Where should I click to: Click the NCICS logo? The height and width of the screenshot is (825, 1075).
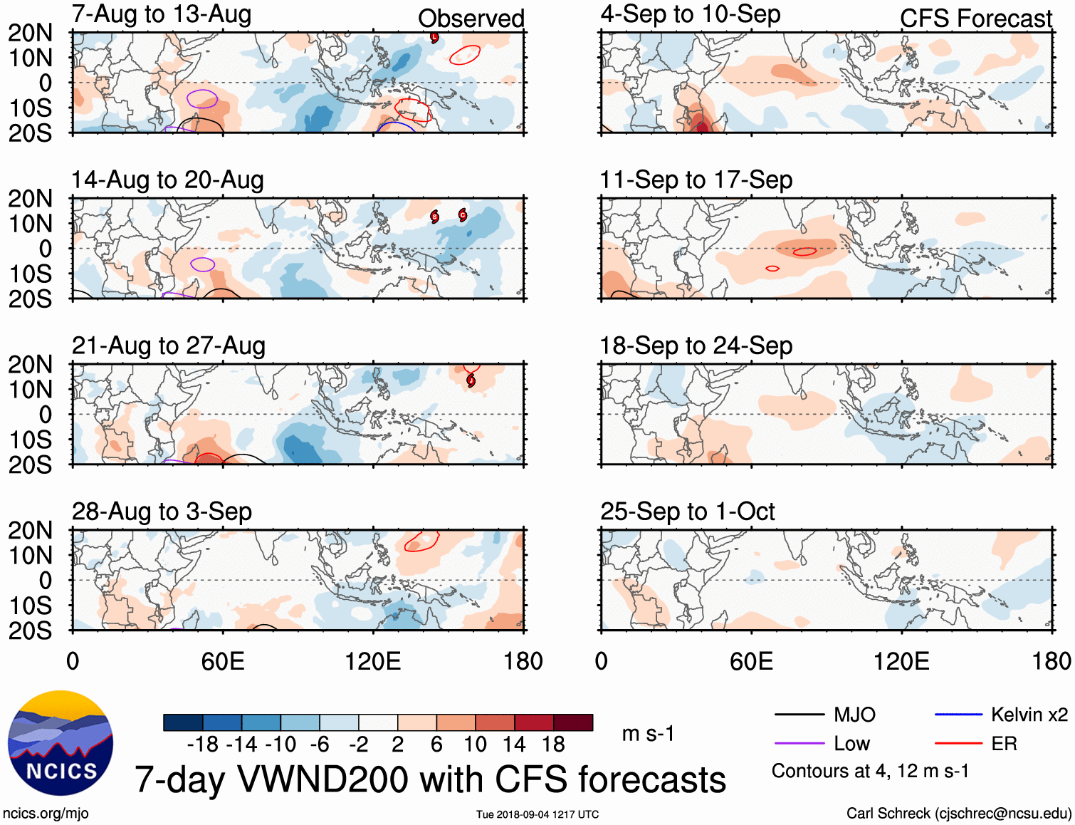61,743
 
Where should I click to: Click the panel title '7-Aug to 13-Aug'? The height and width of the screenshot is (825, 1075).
162,14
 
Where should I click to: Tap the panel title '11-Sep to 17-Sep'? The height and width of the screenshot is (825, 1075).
696,180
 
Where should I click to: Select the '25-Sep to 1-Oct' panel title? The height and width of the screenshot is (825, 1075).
687,512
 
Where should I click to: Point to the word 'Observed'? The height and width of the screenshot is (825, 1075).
471,19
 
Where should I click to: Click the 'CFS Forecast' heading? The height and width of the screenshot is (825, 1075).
975,19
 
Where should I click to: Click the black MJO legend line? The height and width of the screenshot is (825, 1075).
799,715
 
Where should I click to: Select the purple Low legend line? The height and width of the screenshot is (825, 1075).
799,744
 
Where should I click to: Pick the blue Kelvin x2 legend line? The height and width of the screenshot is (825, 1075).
958,715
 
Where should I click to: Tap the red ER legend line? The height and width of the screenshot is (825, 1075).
958,744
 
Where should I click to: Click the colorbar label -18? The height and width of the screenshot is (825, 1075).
202,744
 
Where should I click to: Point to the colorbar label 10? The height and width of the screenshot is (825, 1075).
476,744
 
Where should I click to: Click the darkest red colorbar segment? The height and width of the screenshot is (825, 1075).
573,722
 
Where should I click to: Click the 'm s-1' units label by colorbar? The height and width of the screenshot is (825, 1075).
648,734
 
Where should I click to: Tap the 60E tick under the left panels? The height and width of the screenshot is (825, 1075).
222,661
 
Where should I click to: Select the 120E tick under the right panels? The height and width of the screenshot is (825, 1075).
901,661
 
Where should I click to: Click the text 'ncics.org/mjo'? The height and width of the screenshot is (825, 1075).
46,814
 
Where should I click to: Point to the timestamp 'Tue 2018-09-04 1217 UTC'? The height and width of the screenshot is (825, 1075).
537,814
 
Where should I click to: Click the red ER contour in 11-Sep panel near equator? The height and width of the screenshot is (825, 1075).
805,251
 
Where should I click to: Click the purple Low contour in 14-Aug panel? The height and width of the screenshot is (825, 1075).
203,264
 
